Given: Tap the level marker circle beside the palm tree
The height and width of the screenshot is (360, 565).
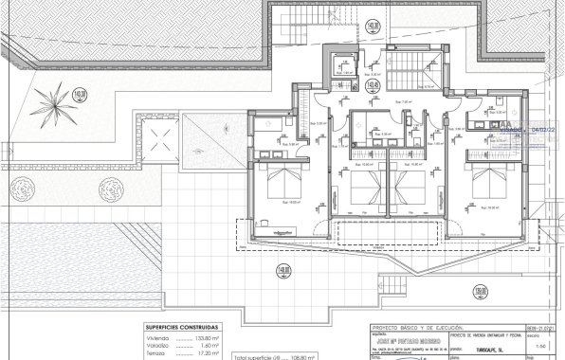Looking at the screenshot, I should pos(81,93).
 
